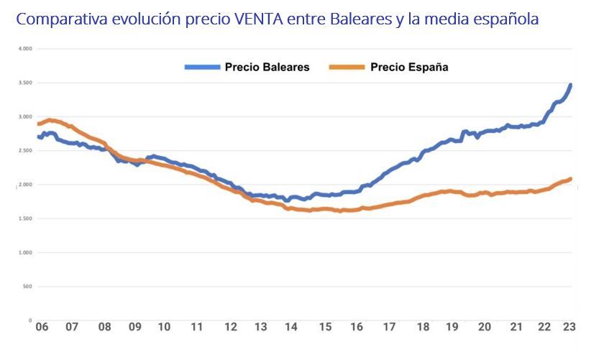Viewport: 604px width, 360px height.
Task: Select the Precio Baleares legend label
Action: tap(267, 67)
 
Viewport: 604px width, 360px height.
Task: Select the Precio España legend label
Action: tap(410, 67)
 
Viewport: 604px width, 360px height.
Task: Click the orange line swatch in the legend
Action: tap(346, 68)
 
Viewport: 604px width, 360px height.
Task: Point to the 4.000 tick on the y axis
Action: tap(24, 49)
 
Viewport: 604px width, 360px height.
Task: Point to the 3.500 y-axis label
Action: tap(24, 83)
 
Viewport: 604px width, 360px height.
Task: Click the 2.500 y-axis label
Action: tap(24, 151)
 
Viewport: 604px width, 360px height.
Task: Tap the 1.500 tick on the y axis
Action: tap(24, 219)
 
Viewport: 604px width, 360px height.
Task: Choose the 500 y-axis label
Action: tap(27, 287)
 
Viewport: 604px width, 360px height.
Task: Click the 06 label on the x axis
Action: tap(42, 327)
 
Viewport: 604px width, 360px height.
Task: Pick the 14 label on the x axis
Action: tap(291, 327)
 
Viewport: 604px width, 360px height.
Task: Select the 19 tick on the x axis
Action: tap(453, 327)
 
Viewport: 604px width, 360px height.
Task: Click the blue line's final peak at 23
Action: tap(570, 86)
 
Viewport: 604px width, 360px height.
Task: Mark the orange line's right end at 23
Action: tap(570, 179)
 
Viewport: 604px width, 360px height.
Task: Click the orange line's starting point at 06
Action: tap(39, 124)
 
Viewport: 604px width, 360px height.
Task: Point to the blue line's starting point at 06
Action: tap(39, 137)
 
